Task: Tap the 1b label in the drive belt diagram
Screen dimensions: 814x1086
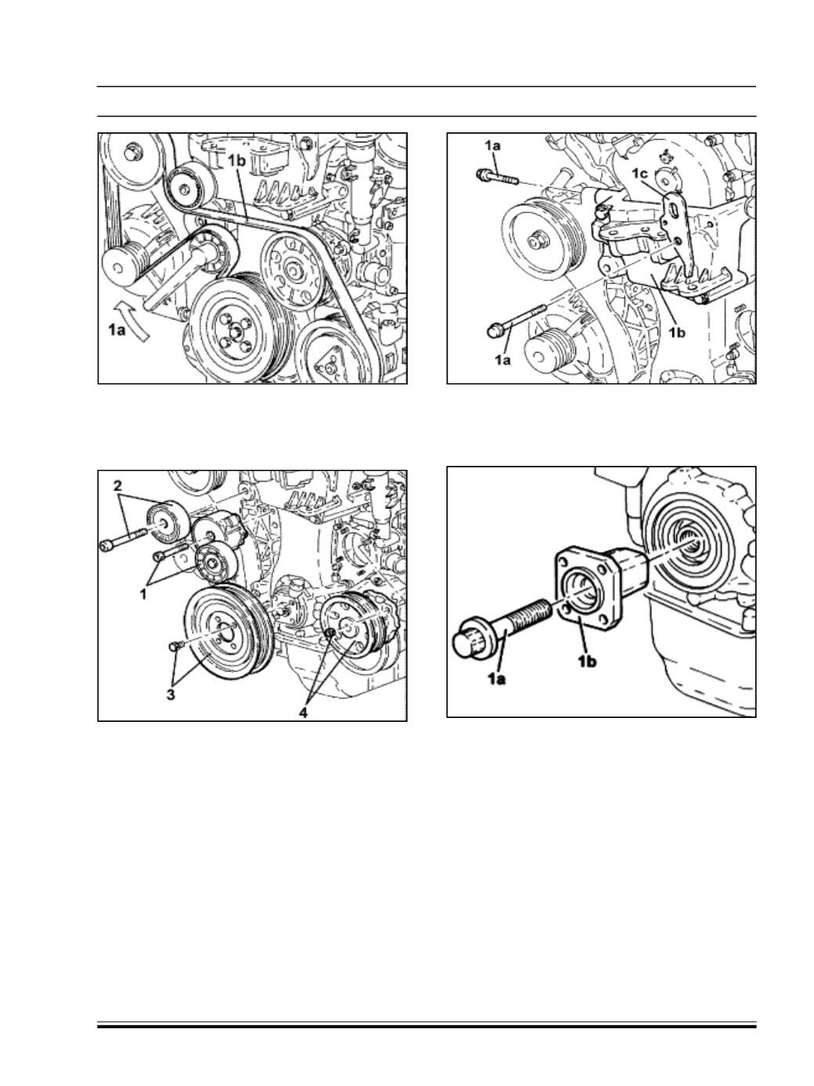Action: tap(237, 161)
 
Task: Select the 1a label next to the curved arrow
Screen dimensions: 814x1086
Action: tap(117, 330)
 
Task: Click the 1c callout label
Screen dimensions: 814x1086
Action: tap(639, 174)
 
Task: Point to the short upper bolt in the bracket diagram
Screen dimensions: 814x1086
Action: tap(497, 177)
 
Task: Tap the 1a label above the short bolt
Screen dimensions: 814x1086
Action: tap(492, 146)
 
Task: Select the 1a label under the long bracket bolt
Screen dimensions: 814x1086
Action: tap(502, 360)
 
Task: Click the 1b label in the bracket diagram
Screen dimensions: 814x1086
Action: tap(677, 333)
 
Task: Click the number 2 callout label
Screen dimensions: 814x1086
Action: tap(117, 486)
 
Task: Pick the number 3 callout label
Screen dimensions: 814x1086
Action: tap(170, 695)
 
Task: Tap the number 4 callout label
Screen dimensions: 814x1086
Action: tap(303, 713)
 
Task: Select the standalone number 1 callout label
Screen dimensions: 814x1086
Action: tap(143, 594)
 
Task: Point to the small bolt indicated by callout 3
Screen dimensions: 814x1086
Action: tap(175, 646)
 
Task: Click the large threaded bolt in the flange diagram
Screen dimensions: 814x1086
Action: tap(502, 629)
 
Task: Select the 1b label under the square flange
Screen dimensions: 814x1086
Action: tap(587, 662)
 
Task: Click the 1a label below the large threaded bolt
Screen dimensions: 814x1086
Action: tap(496, 679)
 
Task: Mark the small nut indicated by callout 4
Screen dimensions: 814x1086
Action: tap(330, 633)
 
